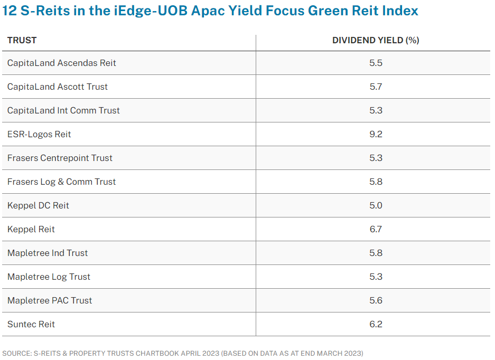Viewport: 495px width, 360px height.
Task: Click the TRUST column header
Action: tap(22, 40)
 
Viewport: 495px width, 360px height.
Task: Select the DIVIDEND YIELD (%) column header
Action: tap(375, 40)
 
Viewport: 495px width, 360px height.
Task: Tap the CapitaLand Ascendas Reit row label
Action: tap(61, 63)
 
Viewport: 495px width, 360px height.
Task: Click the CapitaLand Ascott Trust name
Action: tap(57, 87)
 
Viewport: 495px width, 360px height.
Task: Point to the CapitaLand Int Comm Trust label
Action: tap(63, 110)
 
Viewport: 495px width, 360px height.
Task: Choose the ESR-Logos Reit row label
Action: tap(39, 134)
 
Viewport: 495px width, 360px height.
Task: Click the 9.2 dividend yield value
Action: tap(376, 134)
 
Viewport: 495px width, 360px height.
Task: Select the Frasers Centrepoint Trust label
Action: tap(60, 158)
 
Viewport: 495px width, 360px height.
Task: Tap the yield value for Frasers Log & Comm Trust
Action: tap(376, 182)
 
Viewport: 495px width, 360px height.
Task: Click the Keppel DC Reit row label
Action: tap(38, 205)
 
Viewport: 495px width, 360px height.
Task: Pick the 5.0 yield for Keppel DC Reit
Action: tap(376, 205)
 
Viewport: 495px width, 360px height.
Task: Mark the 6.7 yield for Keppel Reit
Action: tap(376, 229)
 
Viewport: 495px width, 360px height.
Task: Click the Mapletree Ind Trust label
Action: tap(48, 253)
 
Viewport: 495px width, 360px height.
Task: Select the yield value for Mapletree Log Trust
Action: tap(376, 277)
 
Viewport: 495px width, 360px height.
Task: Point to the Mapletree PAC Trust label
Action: tap(50, 300)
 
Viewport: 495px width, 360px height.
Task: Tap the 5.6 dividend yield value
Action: tap(376, 300)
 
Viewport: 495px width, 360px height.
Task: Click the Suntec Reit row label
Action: tap(31, 324)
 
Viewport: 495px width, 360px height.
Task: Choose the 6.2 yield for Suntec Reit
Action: tap(376, 324)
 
